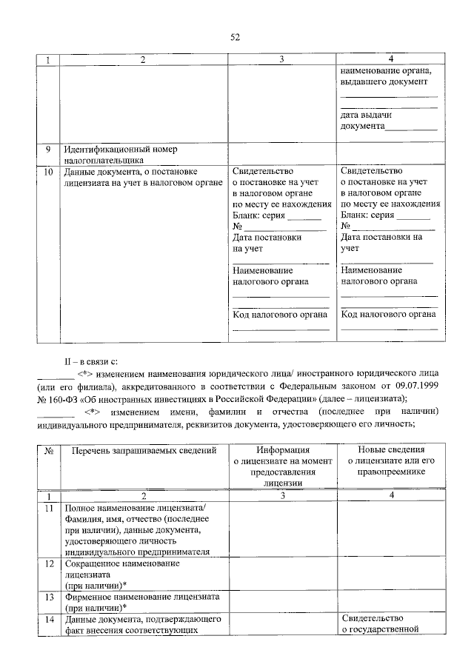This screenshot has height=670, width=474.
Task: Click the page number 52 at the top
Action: [236, 36]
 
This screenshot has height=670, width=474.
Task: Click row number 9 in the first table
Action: [47, 149]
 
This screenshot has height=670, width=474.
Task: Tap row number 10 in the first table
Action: [48, 172]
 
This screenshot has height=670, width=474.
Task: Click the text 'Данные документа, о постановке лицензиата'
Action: [132, 177]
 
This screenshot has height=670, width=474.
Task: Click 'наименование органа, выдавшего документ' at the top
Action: [385, 76]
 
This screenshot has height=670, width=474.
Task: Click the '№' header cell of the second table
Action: [48, 450]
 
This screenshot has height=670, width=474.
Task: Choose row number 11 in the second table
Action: [48, 509]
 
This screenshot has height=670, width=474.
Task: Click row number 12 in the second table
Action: [48, 564]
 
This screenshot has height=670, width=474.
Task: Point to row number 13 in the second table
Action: [48, 596]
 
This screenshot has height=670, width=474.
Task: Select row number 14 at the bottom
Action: [48, 618]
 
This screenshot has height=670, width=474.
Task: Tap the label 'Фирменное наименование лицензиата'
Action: [144, 596]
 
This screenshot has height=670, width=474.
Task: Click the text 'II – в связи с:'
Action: [91, 361]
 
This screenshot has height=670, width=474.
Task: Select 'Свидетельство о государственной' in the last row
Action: [381, 624]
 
